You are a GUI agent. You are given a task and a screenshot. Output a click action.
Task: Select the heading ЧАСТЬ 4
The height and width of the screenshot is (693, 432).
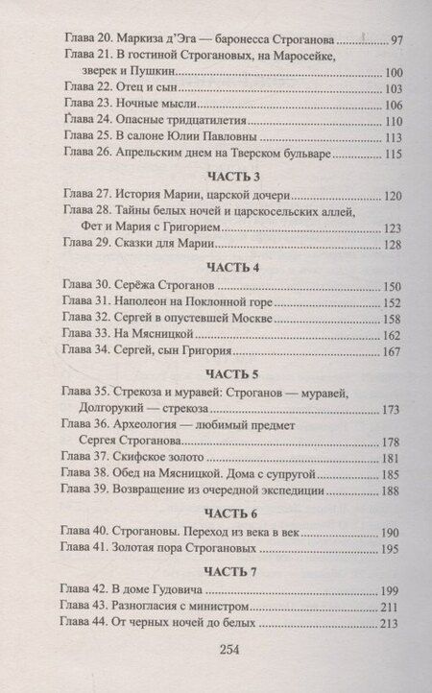pyautogui.click(x=222, y=266)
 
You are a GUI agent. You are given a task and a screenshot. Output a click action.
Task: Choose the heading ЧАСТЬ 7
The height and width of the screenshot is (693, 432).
pyautogui.click(x=222, y=573)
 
